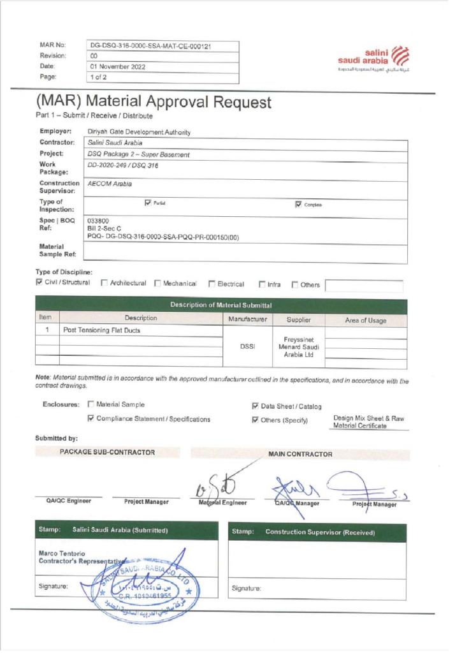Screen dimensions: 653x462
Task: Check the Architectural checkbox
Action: coord(104,283)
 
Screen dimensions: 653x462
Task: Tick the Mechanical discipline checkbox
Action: coord(157,283)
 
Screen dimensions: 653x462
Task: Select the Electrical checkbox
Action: coord(212,284)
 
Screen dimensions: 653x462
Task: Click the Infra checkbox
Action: coord(262,284)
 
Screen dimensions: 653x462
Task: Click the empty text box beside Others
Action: coord(364,285)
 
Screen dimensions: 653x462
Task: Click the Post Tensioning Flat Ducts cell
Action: coord(101,332)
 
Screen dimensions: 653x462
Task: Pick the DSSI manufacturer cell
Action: coord(248,346)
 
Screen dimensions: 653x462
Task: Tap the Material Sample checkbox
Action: coord(90,404)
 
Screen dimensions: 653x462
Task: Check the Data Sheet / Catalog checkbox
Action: coord(255,406)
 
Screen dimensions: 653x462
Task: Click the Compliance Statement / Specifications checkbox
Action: coord(90,419)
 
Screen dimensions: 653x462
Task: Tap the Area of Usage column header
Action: coord(366,319)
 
